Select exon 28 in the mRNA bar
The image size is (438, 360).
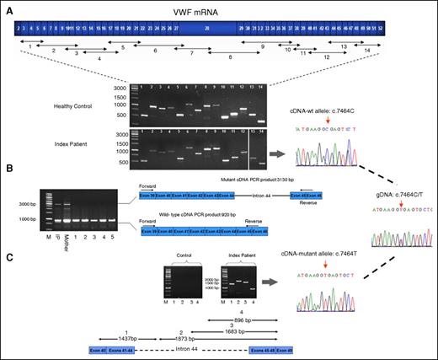pyautogui.click(x=206, y=30)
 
